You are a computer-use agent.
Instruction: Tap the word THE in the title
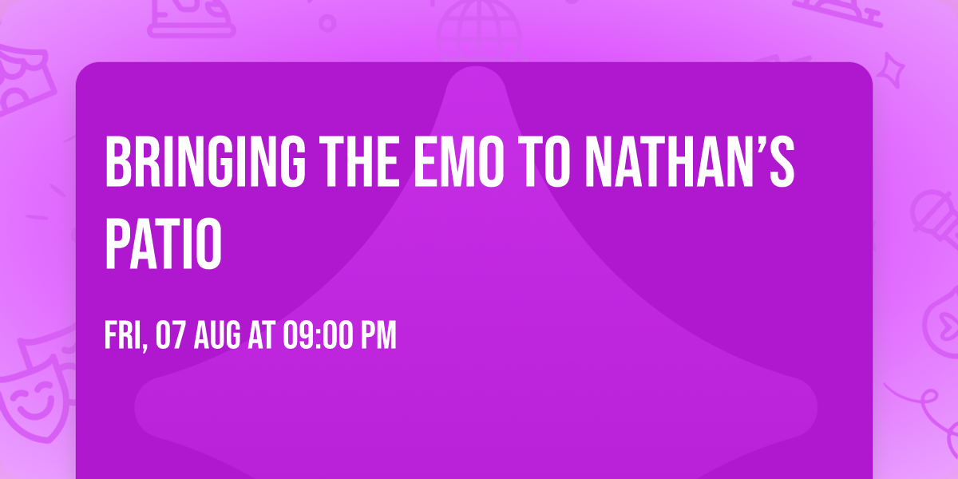351,162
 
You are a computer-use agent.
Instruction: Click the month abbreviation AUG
218,336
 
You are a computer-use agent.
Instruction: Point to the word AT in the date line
261,336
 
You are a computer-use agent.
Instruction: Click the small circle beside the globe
327,22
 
